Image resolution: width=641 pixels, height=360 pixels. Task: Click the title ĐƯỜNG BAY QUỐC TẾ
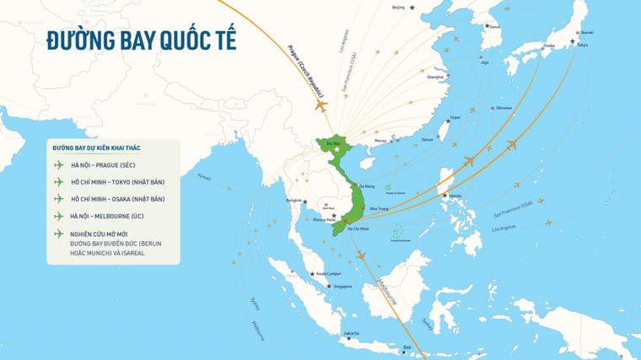(x=140, y=40)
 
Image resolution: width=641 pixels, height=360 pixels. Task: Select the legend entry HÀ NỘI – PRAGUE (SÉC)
(x=103, y=165)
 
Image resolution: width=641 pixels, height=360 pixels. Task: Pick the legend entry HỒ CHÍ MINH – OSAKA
(x=117, y=199)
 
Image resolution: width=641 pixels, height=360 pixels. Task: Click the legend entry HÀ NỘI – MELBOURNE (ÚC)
(x=110, y=217)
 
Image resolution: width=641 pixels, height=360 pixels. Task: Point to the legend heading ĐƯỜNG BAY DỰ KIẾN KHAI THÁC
(x=96, y=148)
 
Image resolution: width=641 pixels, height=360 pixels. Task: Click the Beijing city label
(x=398, y=8)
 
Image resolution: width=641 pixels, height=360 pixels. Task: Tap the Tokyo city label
(x=582, y=45)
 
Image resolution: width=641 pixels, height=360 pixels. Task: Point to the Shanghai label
(x=435, y=77)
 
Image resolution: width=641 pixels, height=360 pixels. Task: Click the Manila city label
(x=456, y=196)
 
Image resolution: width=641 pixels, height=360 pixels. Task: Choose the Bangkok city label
(x=294, y=201)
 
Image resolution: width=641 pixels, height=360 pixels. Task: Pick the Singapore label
(x=342, y=286)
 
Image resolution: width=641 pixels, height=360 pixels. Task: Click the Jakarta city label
(x=352, y=334)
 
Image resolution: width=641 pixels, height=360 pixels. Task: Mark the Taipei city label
(x=455, y=117)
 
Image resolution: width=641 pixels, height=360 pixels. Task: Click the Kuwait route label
(x=204, y=177)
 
